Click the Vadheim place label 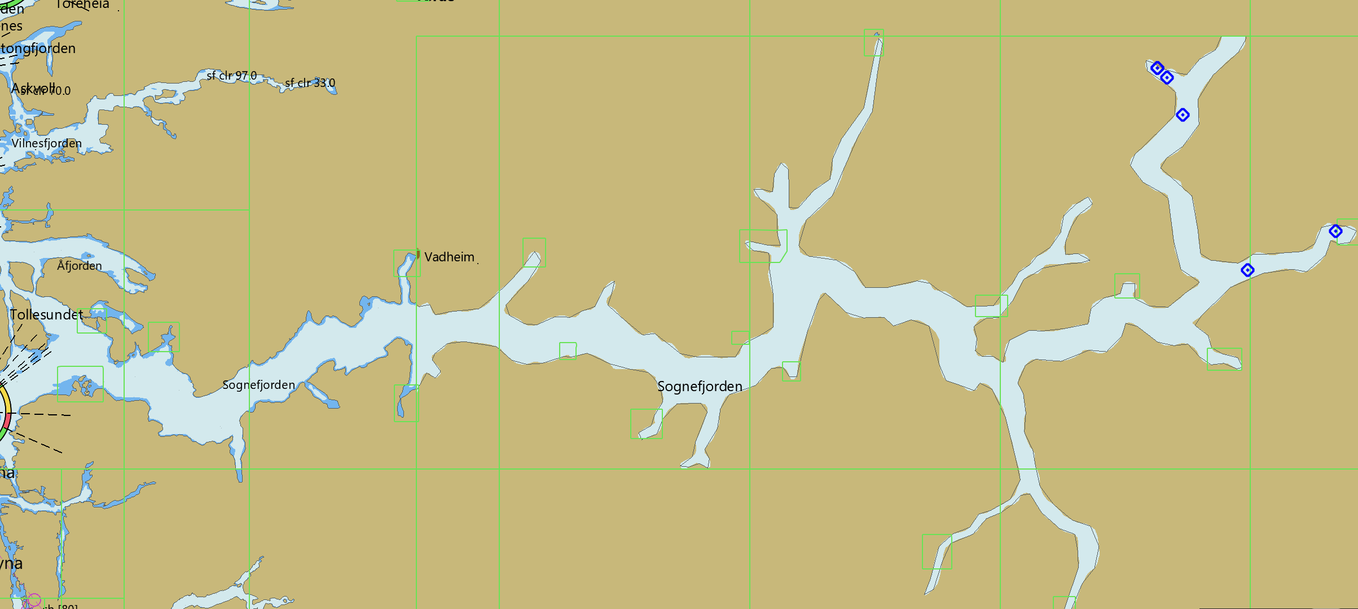tap(449, 257)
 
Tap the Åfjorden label tap(80, 266)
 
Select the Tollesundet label tap(46, 315)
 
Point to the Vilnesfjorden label tap(47, 143)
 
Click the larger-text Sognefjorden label tap(700, 387)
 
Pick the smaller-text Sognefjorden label tap(258, 385)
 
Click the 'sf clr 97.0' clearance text tap(231, 76)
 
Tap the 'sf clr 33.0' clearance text tap(310, 83)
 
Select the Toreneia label tap(82, 5)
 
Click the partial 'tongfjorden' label tap(38, 49)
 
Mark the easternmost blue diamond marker tap(1335, 231)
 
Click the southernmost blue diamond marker tap(1247, 270)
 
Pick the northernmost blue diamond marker tap(1157, 68)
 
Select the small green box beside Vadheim tap(407, 263)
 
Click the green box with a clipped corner tap(763, 246)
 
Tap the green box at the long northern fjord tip tap(873, 42)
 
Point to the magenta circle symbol tap(34, 600)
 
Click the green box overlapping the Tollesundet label tap(91, 321)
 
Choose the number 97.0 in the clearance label tap(245, 76)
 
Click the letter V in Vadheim tap(429, 257)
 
